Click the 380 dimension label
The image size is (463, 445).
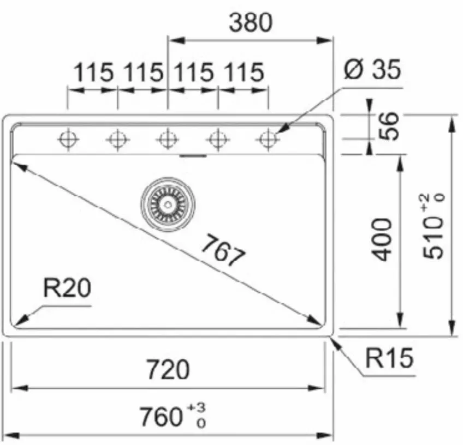pyautogui.click(x=251, y=23)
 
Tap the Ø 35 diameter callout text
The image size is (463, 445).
pyautogui.click(x=372, y=70)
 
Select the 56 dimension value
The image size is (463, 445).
pyautogui.click(x=389, y=126)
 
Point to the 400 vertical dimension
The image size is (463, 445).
pyautogui.click(x=382, y=239)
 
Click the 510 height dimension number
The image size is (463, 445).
pyautogui.click(x=433, y=239)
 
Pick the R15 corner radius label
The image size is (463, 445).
pyautogui.click(x=389, y=358)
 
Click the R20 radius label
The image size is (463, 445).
pyautogui.click(x=67, y=288)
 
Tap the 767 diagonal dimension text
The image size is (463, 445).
pyautogui.click(x=223, y=250)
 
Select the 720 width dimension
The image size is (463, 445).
pyautogui.click(x=168, y=369)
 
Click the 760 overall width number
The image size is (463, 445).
pyautogui.click(x=161, y=417)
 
